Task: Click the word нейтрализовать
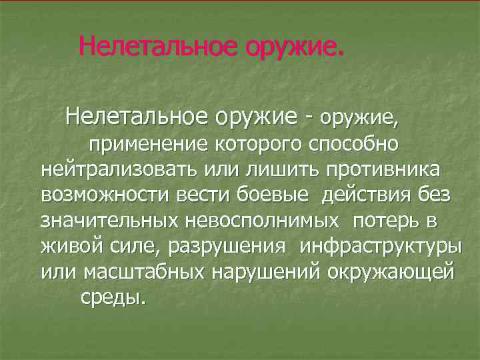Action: [x=117, y=169]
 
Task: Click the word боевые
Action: [x=273, y=195]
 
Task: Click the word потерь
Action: [x=390, y=221]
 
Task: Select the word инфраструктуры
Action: [x=380, y=247]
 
